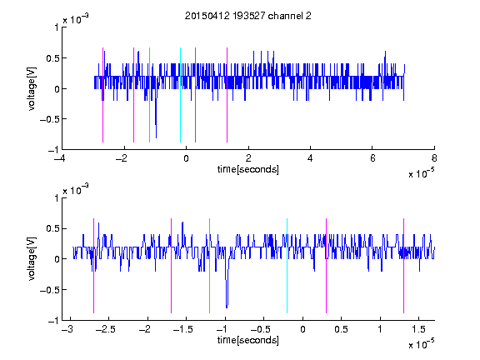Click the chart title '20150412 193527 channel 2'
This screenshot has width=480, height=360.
tap(248, 16)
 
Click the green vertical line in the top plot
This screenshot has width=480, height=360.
tap(149, 95)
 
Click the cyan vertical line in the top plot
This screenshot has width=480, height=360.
tap(180, 95)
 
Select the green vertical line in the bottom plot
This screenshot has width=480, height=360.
tap(209, 266)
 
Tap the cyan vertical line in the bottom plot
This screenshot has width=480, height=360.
tap(287, 266)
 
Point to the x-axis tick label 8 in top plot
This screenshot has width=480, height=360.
tap(434, 158)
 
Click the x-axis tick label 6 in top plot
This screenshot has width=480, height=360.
tap(372, 158)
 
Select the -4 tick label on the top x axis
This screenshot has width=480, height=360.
tap(59, 158)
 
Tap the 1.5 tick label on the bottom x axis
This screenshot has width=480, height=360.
tap(418, 329)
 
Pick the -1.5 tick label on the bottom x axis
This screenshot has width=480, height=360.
tap(182, 329)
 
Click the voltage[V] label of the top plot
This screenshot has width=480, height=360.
tap(32, 89)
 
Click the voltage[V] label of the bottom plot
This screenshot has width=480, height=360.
tap(32, 259)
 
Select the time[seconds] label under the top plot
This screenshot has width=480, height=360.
tap(248, 169)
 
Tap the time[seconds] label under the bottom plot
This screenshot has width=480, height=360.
tap(248, 340)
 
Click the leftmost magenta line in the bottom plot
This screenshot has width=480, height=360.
tap(93, 266)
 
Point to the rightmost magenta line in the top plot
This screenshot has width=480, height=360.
tap(227, 95)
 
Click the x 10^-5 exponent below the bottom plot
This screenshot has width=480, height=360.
tap(421, 343)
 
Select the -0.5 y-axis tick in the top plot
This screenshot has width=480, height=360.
tap(49, 119)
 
